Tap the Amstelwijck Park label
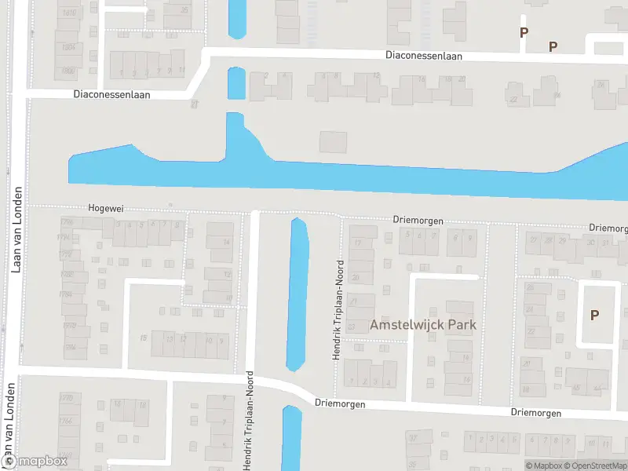coord(424,324)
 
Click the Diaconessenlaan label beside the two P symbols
coord(424,56)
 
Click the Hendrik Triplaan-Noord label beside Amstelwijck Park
coord(338,309)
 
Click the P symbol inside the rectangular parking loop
coord(594,315)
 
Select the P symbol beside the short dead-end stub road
coord(524,32)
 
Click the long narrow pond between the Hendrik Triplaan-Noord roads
coord(298,294)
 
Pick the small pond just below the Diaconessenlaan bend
coord(236,82)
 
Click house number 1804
coord(68,47)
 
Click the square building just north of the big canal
coord(333,142)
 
